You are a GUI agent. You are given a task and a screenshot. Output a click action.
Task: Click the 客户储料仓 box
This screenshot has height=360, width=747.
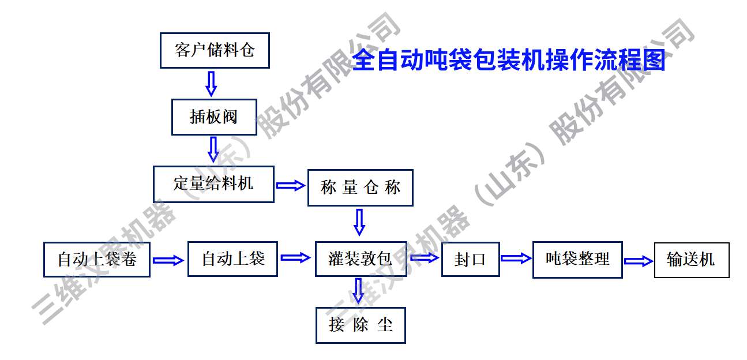coord(215,50)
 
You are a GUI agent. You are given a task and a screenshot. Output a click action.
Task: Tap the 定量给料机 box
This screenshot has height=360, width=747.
coord(213,184)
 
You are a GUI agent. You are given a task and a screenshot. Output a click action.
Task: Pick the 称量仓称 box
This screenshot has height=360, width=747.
coord(360,187)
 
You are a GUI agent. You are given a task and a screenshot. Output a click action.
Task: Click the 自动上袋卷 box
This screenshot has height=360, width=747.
coord(97,259)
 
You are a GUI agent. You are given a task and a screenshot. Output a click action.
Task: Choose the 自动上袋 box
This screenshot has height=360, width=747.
coord(232,259)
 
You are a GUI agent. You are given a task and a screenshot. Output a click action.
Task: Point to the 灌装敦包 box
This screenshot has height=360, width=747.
coord(361,259)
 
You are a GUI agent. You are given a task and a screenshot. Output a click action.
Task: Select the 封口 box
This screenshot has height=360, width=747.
coord(470,260)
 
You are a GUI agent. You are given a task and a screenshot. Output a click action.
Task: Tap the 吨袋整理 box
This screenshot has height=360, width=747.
coord(577,259)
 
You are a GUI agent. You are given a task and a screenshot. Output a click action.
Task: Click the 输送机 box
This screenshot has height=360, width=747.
coord(691,260)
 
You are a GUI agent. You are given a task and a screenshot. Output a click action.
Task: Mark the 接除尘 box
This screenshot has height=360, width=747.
coord(361,325)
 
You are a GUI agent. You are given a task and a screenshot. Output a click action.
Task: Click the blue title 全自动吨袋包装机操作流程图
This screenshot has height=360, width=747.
coord(508,60)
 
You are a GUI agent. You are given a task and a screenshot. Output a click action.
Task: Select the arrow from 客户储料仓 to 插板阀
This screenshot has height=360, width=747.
coord(211,83)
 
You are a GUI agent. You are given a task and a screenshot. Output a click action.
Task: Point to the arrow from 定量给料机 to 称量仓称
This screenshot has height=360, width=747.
coord(290,185)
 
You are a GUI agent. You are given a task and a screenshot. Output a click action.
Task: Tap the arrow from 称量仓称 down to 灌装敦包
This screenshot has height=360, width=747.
coord(359,222)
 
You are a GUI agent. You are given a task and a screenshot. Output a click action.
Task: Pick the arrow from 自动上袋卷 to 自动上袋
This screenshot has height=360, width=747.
coord(168,260)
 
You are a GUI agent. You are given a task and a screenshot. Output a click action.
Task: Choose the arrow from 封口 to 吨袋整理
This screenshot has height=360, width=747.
coord(515,258)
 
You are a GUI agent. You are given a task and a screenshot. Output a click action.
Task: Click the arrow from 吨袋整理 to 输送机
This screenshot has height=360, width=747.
coord(638,261)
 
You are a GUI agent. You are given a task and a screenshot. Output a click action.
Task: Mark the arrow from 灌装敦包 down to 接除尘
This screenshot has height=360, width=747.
coord(359,291)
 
